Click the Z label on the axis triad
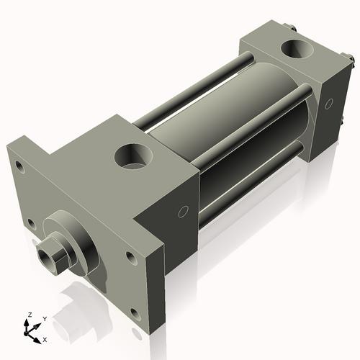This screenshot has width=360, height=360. [30, 315]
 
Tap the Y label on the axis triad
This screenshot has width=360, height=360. [44, 318]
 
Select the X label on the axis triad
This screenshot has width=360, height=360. [45, 338]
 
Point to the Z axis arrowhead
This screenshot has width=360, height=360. [30, 322]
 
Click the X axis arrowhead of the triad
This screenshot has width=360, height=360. [38, 336]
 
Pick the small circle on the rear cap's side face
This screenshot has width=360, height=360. [330, 104]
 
